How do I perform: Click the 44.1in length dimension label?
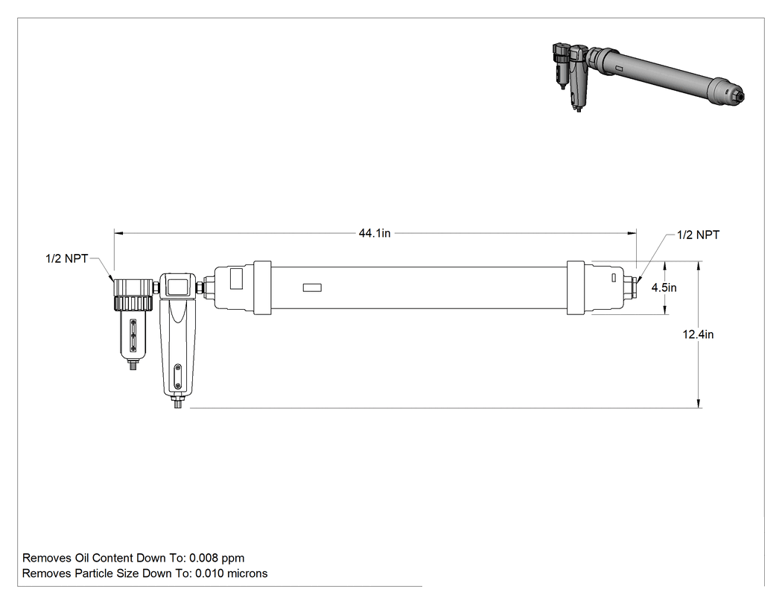pyautogui.click(x=375, y=233)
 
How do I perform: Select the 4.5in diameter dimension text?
pyautogui.click(x=664, y=287)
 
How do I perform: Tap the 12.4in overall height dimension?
pyautogui.click(x=698, y=334)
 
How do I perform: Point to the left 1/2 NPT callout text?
pyautogui.click(x=66, y=258)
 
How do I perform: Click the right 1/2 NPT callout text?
pyautogui.click(x=699, y=235)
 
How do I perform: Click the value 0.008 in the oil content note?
pyautogui.click(x=203, y=558)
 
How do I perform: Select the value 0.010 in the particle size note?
pyautogui.click(x=209, y=573)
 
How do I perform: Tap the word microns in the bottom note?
pyautogui.click(x=247, y=573)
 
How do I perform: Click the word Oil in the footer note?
pyautogui.click(x=82, y=558)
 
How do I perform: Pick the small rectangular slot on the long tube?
pyautogui.click(x=312, y=287)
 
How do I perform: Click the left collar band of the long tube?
pyautogui.click(x=263, y=287)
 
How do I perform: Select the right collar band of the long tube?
pyautogui.click(x=576, y=287)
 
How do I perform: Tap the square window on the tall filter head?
pyautogui.click(x=177, y=286)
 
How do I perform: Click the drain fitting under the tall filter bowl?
pyautogui.click(x=177, y=402)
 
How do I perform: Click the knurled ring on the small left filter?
pyautogui.click(x=132, y=302)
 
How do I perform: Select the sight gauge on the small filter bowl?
pyautogui.click(x=133, y=335)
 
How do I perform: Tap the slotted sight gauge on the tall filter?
pyautogui.click(x=178, y=377)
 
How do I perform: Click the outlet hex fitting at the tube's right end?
pyautogui.click(x=634, y=287)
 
